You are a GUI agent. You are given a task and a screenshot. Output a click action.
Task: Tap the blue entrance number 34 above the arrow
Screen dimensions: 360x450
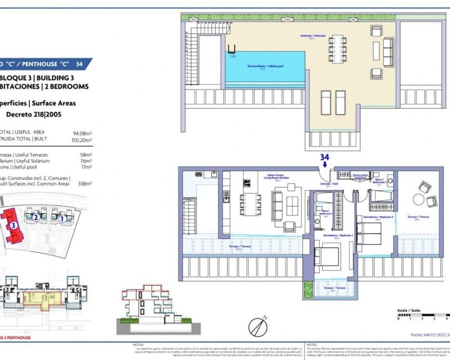pos(324,157)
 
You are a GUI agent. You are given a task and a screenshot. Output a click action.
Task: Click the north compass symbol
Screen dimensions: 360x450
pos(257,327)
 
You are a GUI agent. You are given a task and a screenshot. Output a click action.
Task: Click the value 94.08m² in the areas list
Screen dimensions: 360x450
pos(82,133)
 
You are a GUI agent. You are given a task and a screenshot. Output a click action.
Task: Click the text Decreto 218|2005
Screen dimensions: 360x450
pos(33,114)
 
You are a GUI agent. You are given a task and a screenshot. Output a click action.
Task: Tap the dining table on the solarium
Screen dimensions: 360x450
pos(337,49)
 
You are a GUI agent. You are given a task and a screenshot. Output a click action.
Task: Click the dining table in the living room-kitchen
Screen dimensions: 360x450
pos(251,204)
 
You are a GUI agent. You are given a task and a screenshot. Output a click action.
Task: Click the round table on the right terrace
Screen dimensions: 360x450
pos(418,200)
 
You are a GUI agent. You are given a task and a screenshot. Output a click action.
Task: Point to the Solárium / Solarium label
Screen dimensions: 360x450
pos(313,35)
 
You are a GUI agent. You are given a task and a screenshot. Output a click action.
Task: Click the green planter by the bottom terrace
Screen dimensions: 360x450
pos(308,289)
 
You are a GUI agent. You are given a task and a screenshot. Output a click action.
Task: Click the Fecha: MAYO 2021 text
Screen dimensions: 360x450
pos(425,335)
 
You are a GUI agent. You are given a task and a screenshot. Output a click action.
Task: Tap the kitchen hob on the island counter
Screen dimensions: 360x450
pos(246,182)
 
